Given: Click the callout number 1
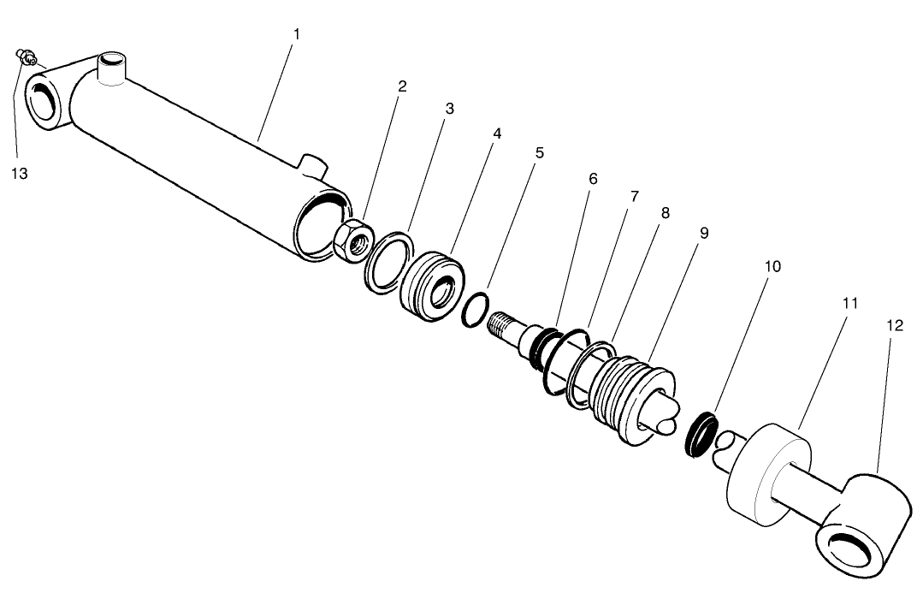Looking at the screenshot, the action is click(x=296, y=33).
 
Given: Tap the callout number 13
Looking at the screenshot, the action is click(x=20, y=173).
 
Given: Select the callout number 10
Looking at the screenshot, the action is click(x=772, y=266).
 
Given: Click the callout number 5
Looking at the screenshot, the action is click(x=539, y=152).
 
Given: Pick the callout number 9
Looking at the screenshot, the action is click(x=703, y=232).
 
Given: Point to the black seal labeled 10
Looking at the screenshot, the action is click(x=702, y=433).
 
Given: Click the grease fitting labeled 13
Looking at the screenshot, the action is click(x=27, y=58).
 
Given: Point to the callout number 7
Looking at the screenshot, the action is click(x=634, y=196).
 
